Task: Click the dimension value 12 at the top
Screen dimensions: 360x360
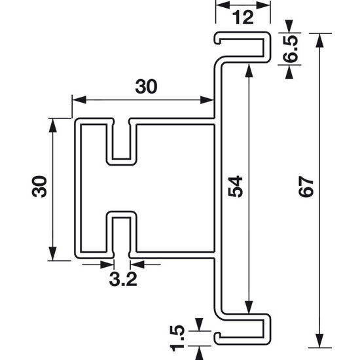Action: [x=243, y=18]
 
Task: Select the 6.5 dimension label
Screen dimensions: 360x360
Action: [x=291, y=49]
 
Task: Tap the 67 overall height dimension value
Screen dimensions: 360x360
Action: [x=306, y=187]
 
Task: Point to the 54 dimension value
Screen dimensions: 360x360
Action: [x=236, y=187]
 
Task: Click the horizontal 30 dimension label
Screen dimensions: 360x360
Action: [x=146, y=86]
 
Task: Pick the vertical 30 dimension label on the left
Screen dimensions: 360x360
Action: [x=39, y=187]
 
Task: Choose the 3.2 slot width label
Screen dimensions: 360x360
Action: [x=123, y=279]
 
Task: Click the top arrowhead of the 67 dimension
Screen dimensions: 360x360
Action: [x=319, y=41]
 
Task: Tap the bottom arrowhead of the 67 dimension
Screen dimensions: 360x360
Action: [x=319, y=341]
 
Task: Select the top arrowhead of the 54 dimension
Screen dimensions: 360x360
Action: [x=249, y=71]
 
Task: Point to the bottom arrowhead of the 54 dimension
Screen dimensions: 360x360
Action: [x=249, y=307]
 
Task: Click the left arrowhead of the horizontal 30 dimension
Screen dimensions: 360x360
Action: [x=79, y=100]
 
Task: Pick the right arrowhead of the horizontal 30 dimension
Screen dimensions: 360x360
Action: [x=207, y=100]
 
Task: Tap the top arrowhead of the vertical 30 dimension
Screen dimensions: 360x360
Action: [x=53, y=125]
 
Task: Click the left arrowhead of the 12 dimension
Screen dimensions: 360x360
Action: [x=223, y=5]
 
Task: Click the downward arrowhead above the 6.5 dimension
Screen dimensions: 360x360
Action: [x=289, y=26]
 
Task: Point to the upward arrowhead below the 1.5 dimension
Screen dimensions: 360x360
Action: [x=199, y=353]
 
